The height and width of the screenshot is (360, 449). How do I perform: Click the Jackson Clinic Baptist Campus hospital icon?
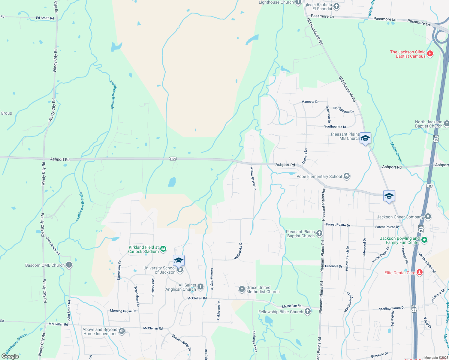pyautogui.click(x=430, y=54)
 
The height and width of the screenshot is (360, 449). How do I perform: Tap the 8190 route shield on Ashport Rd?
pyautogui.click(x=173, y=159)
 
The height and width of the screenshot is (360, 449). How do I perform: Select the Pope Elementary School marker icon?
pyautogui.click(x=347, y=176)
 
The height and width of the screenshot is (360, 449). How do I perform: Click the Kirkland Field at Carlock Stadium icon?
pyautogui.click(x=163, y=249)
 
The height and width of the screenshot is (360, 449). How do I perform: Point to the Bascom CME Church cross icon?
pyautogui.click(x=69, y=265)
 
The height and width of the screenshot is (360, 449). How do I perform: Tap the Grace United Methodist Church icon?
pyautogui.click(x=242, y=289)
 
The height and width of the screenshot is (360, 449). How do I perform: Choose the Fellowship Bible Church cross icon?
pyautogui.click(x=308, y=311)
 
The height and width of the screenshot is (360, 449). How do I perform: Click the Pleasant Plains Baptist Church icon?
pyautogui.click(x=319, y=233)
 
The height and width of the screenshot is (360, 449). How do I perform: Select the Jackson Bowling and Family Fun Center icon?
pyautogui.click(x=424, y=240)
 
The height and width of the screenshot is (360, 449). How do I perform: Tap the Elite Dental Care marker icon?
pyautogui.click(x=420, y=272)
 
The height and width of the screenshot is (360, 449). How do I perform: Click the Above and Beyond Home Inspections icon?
pyautogui.click(x=122, y=331)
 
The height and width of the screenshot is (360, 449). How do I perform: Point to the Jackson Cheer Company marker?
pyautogui.click(x=428, y=217)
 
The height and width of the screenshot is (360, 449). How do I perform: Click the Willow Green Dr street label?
pyautogui.click(x=253, y=178)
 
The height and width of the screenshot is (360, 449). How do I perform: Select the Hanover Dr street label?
pyautogui.click(x=310, y=102)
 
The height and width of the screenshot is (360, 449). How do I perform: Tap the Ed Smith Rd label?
pyautogui.click(x=45, y=18)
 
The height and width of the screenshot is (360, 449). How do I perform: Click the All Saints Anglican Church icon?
pyautogui.click(x=200, y=287)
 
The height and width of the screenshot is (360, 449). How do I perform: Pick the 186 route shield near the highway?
pyautogui.click(x=429, y=186)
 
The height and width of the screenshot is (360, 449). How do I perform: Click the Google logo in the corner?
pyautogui.click(x=10, y=356)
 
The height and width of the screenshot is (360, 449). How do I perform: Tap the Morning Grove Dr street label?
pyautogui.click(x=123, y=311)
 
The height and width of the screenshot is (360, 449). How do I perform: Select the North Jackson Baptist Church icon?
pyautogui.click(x=446, y=124)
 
